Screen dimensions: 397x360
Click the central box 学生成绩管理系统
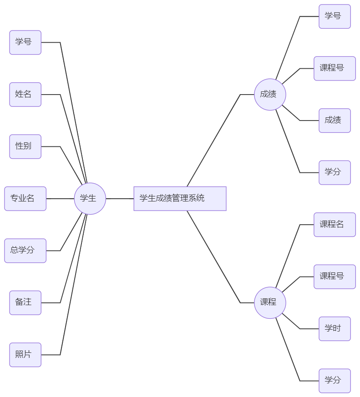point(180,198)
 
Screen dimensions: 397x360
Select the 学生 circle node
point(90,198)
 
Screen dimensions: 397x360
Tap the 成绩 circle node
point(270,95)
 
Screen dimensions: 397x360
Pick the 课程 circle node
point(270,302)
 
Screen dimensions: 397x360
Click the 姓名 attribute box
point(25,95)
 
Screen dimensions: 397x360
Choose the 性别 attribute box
point(25,146)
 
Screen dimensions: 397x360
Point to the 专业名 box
point(25,198)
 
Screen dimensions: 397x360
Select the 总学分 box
point(25,250)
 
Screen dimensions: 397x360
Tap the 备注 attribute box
point(25,302)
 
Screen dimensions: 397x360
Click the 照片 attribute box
point(25,354)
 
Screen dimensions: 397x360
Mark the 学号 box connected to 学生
point(25,42)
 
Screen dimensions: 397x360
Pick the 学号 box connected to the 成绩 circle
point(335,16)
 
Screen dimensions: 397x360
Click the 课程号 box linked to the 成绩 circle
point(335,68)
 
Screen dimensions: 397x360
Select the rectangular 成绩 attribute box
point(335,121)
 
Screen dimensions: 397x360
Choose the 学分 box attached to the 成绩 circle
point(335,172)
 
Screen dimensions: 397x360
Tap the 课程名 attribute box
point(335,224)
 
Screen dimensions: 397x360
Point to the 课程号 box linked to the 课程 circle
point(335,276)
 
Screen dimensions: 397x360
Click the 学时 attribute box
point(335,328)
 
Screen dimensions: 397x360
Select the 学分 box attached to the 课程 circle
point(335,380)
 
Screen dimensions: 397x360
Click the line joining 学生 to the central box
point(120,198)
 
